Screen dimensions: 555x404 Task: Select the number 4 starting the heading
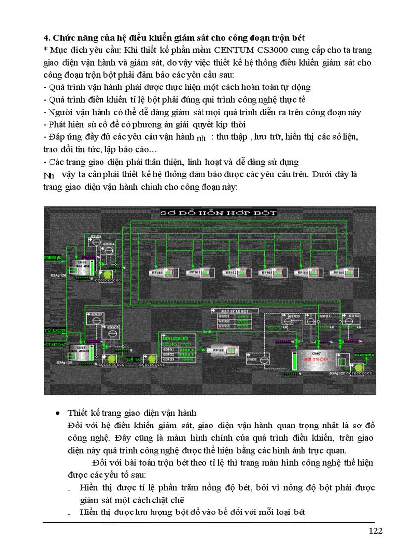pos(46,38)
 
